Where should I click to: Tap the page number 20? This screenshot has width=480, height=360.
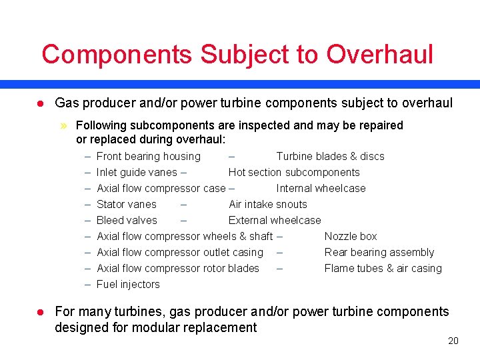click(x=453, y=341)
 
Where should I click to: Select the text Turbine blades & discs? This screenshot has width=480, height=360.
click(x=330, y=157)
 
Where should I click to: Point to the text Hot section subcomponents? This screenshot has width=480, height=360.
click(x=294, y=173)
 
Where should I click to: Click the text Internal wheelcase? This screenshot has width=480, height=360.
click(x=321, y=189)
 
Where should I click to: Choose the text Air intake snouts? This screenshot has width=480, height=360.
click(x=268, y=205)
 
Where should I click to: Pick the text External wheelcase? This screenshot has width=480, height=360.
click(x=275, y=221)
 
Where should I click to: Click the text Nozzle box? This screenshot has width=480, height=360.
click(x=351, y=237)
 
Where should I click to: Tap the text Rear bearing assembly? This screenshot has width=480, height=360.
click(x=379, y=253)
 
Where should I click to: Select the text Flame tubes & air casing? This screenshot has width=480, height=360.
click(x=383, y=269)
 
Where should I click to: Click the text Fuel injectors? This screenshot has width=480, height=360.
click(x=128, y=285)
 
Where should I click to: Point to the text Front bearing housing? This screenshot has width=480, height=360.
click(x=148, y=157)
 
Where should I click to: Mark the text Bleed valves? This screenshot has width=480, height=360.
click(x=127, y=221)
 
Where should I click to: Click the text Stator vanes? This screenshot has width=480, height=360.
click(x=127, y=205)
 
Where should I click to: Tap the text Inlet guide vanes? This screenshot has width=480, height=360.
click(x=137, y=173)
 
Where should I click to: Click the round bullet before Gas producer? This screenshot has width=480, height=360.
click(x=40, y=103)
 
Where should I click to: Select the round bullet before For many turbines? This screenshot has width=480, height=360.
click(x=40, y=312)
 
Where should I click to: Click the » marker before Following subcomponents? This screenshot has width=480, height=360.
click(x=65, y=125)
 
